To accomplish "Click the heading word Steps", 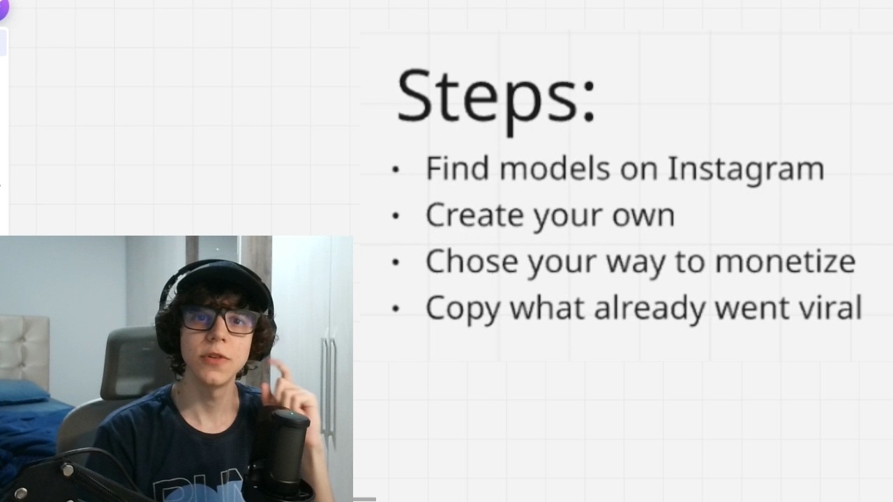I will pos(495,96).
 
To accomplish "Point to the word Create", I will pos(474,215).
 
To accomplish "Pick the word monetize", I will pos(785,261).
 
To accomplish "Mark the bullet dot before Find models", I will pos(396,169).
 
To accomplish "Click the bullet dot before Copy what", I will pos(396,307).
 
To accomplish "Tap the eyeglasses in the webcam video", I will pos(220,319).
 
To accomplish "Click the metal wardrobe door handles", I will pos(328,383).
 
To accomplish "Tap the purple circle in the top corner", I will pos(3,8).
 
